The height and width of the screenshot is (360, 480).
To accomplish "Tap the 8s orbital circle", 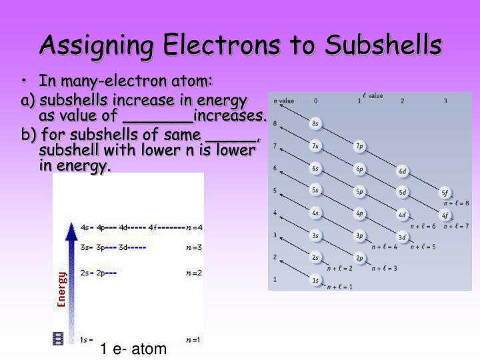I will click(315, 124).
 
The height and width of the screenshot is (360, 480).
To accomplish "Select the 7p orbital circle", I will click(359, 146).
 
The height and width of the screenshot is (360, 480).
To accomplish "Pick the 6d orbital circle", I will click(402, 171).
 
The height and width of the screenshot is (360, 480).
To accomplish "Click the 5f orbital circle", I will click(445, 193).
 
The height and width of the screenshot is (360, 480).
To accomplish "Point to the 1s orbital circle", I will click(315, 281).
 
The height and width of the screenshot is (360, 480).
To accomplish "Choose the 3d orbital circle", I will click(402, 237).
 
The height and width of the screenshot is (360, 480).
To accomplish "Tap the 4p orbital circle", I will click(359, 214).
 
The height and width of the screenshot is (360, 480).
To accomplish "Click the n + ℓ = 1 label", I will click(339, 287).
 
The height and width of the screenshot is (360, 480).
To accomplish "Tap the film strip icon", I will click(58, 338).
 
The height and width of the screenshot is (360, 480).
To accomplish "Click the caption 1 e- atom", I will click(133, 349).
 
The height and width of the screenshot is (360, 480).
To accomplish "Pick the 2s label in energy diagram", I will click(85, 273).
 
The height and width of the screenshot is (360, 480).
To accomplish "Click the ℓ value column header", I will click(372, 96).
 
